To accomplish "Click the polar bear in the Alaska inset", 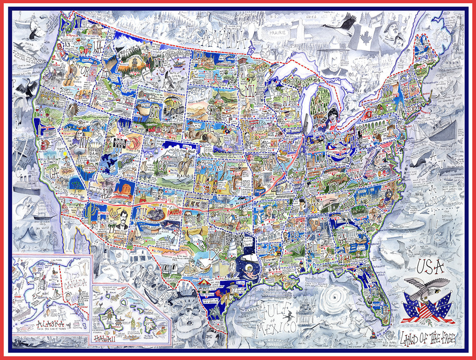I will point(73,268).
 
